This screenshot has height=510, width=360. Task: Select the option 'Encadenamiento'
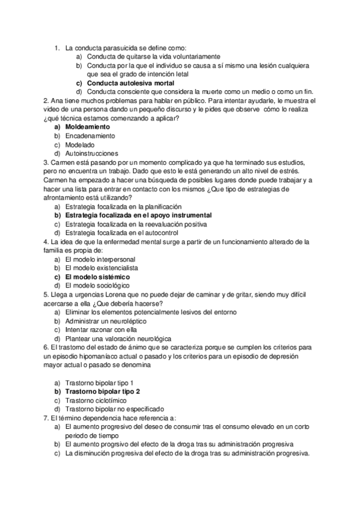(90, 136)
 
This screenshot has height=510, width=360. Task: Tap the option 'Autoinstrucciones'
(92, 153)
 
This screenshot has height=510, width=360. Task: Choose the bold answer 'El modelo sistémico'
(97, 277)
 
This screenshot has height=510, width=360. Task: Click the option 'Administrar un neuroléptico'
(105, 321)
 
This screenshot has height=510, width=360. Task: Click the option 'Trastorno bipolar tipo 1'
(99, 382)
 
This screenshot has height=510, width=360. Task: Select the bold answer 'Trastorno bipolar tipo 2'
(102, 392)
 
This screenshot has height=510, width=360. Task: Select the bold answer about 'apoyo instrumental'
(138, 215)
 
